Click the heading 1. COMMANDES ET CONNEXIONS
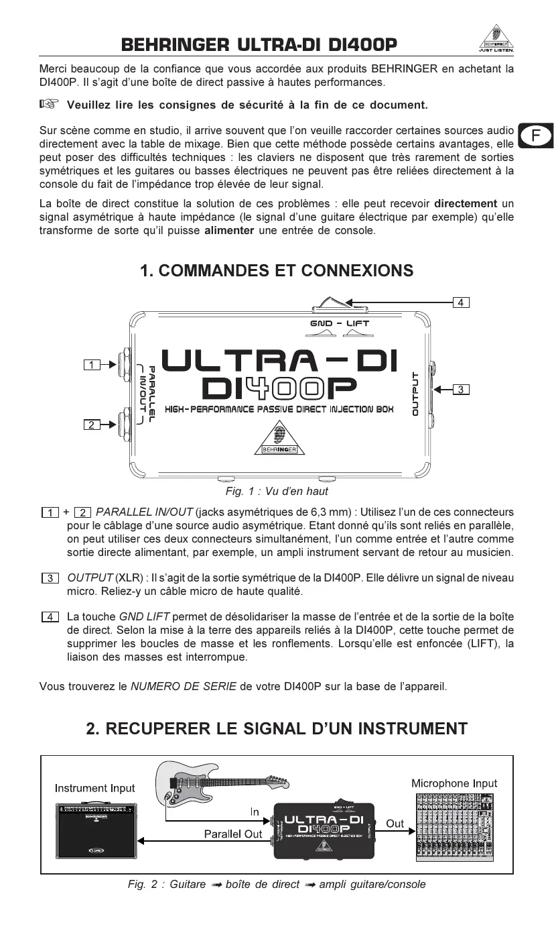coord(277,270)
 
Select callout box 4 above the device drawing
coord(460,302)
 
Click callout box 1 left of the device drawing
coord(92,364)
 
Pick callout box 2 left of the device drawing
coord(92,424)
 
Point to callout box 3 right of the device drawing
coord(461,388)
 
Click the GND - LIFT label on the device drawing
coord(340,323)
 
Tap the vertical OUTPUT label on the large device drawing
coord(415,394)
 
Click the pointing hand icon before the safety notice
coord(49,104)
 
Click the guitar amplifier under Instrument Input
coord(95,830)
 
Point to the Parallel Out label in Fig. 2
coord(232,834)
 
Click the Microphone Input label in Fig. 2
coord(454,783)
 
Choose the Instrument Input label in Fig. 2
coord(94,788)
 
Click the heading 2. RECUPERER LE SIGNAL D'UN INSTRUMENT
coord(277,728)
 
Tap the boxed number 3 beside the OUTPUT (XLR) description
coord(50,578)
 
